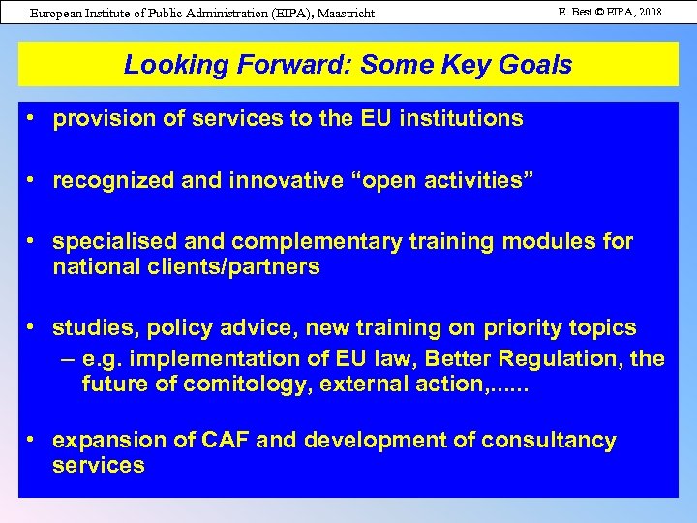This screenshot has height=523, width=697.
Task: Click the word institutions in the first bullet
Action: point(465,119)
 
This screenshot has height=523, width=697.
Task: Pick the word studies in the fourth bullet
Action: point(92,329)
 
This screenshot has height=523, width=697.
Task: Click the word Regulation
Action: point(561,359)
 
